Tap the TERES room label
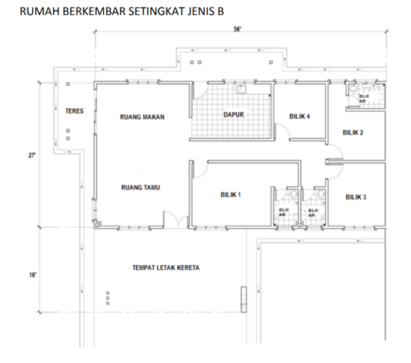pos(74,111)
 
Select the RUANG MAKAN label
pos(141,117)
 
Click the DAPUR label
pos(235,114)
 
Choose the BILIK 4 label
pos(300,117)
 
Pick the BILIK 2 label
pos(353,133)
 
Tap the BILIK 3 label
pos(356,197)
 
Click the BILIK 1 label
pos(230,194)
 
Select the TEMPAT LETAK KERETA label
pos(166,267)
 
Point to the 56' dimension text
pos(237,29)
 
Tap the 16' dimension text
pos(32,275)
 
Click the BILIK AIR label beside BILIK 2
pos(363,98)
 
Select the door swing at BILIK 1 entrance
pos(199,170)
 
